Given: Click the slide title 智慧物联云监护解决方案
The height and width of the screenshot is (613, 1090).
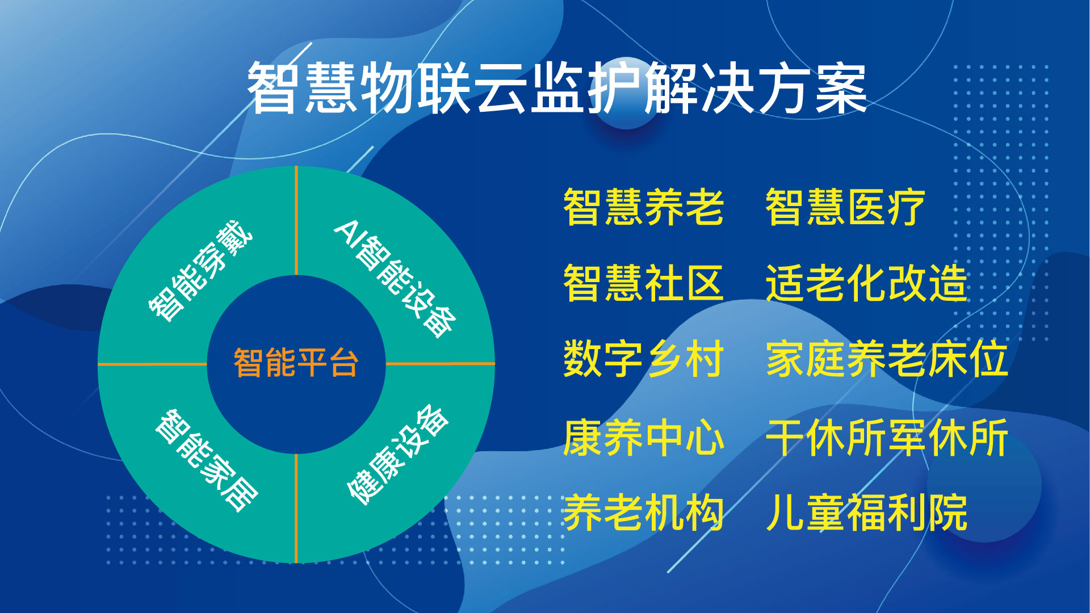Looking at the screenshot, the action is coord(557,89).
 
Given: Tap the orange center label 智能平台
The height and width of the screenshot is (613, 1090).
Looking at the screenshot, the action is coord(296,363).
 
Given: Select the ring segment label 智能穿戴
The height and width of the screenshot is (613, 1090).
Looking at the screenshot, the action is coord(200,271).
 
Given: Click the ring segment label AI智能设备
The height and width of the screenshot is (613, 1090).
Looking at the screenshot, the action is coord(395,279).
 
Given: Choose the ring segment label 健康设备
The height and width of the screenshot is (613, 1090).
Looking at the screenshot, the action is coord(398,455).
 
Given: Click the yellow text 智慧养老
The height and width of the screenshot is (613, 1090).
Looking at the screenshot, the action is coord(643,207).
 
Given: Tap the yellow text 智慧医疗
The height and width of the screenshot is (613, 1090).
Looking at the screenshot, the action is coord(845,207).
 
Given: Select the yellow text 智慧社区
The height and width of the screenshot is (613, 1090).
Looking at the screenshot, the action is coord(643,283).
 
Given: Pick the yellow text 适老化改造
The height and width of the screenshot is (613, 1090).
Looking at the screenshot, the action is coord(866,283).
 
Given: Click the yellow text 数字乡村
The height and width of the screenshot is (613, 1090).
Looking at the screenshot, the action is coord(643,359).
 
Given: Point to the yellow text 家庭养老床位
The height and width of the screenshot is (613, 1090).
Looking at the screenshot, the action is coord(887,359).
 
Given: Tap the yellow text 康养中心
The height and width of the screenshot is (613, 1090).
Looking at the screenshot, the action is coord(643,438).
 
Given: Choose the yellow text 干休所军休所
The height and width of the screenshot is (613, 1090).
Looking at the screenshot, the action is coord(887,438).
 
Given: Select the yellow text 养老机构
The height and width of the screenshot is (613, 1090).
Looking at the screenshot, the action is coord(643,513).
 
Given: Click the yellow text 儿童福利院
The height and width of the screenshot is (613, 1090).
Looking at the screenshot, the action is coord(866,513).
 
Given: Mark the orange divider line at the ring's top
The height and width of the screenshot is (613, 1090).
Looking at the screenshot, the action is coord(296,221).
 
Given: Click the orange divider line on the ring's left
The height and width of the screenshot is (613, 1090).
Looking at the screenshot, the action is coord(153,364).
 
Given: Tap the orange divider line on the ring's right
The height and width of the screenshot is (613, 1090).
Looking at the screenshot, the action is coord(440,364).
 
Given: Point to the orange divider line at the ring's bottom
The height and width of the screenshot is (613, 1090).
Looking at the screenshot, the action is coord(296,508).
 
